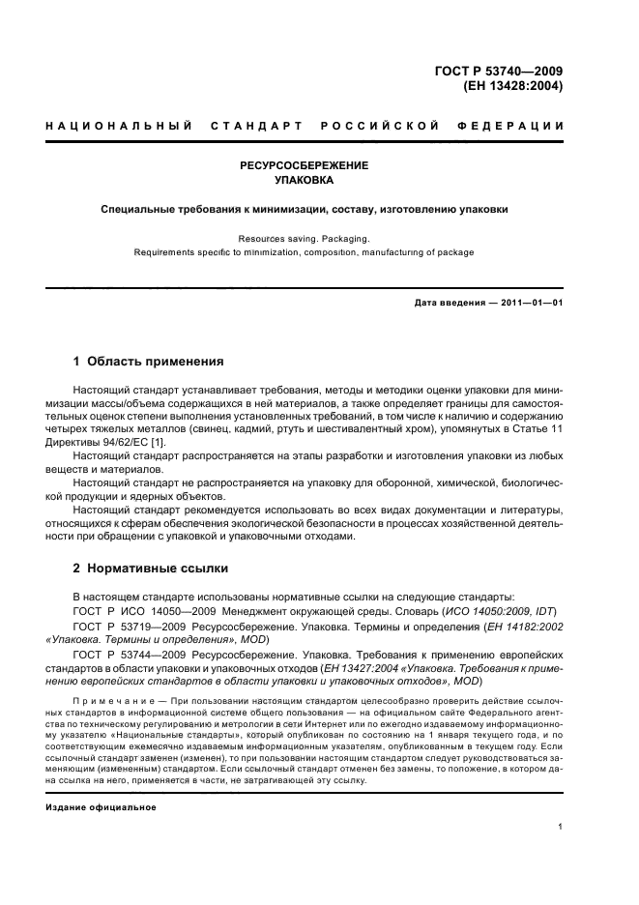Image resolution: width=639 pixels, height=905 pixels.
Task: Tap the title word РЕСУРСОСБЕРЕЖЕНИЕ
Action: tap(305, 165)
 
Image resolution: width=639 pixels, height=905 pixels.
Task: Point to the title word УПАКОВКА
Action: tap(305, 181)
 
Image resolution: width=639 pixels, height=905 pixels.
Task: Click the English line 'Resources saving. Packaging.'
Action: tap(305, 237)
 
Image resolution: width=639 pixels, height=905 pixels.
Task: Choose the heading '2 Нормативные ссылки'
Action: tap(151, 569)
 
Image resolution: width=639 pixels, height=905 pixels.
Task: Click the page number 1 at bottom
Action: tap(560, 827)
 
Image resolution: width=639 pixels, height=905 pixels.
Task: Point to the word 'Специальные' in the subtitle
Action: tap(141, 208)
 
